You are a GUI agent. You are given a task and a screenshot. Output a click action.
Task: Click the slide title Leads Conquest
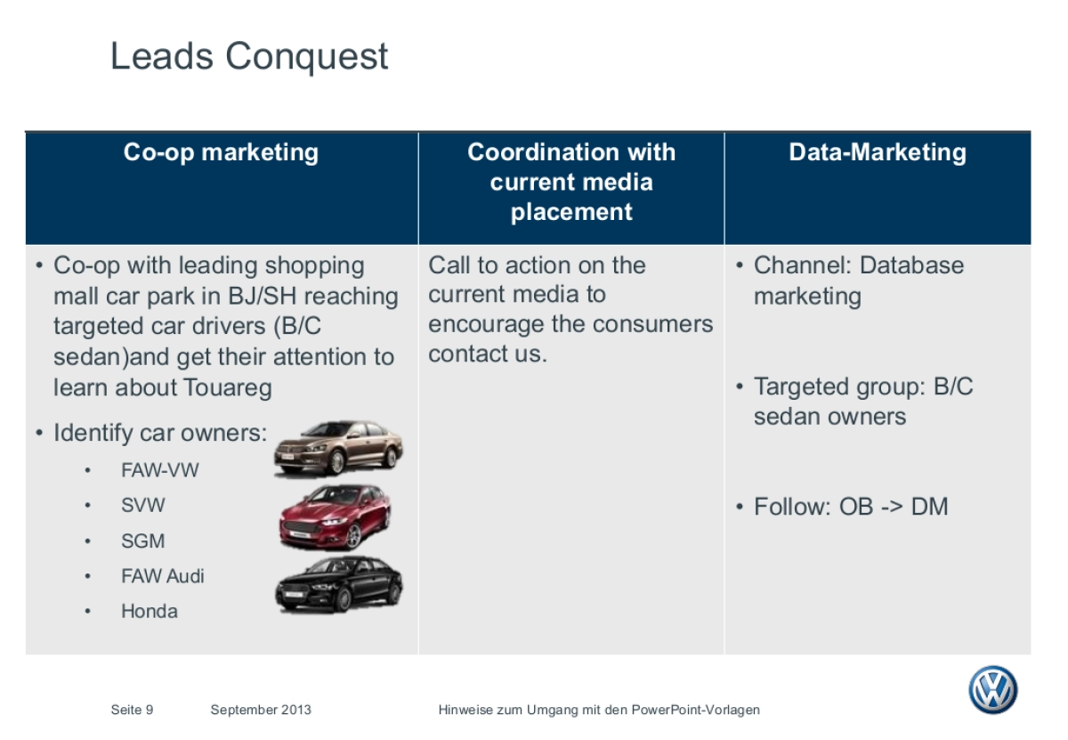pyautogui.click(x=249, y=57)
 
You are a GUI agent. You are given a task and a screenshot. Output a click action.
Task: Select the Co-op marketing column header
pyautogui.click(x=221, y=152)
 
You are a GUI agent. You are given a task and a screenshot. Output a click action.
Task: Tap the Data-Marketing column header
pyautogui.click(x=877, y=152)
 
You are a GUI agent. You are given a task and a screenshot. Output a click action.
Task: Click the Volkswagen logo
pyautogui.click(x=992, y=690)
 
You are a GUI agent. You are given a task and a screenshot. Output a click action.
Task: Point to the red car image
pyautogui.click(x=335, y=516)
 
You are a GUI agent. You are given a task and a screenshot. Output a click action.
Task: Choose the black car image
pyautogui.click(x=338, y=584)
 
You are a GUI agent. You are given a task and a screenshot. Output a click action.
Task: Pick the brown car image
pyautogui.click(x=338, y=448)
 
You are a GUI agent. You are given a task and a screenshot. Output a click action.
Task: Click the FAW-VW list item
pyautogui.click(x=160, y=470)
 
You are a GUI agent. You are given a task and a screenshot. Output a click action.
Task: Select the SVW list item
pyautogui.click(x=143, y=505)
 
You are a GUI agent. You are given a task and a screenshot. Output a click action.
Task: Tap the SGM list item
pyautogui.click(x=143, y=541)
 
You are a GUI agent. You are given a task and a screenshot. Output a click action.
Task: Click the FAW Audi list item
pyautogui.click(x=163, y=576)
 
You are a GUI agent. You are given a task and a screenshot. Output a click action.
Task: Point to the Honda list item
pyautogui.click(x=150, y=611)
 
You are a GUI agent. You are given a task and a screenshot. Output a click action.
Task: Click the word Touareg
pyautogui.click(x=228, y=388)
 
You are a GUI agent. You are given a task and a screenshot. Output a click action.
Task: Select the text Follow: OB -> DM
pyautogui.click(x=850, y=507)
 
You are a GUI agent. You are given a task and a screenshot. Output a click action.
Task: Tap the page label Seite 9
pyautogui.click(x=132, y=710)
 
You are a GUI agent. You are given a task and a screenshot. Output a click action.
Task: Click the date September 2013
pyautogui.click(x=261, y=710)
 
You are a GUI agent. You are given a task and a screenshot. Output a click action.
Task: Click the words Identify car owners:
pyautogui.click(x=160, y=434)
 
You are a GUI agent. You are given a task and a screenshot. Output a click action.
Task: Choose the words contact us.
pyautogui.click(x=488, y=354)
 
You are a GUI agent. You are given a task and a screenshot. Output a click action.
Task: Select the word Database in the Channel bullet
pyautogui.click(x=912, y=265)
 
